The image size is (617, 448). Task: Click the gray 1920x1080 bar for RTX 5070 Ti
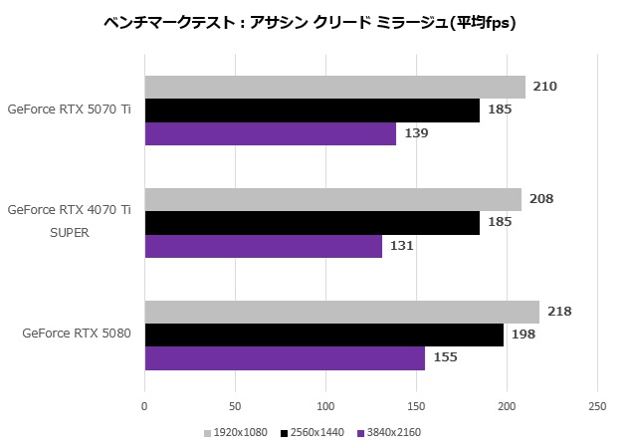[x=334, y=87]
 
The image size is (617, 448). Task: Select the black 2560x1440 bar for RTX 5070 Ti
[x=311, y=110]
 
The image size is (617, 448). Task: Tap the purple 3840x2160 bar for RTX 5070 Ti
[x=270, y=133]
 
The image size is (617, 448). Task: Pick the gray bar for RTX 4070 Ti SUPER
[x=332, y=199]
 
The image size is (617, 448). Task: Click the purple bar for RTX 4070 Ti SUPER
[x=263, y=246]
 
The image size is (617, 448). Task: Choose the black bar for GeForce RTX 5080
[x=323, y=335]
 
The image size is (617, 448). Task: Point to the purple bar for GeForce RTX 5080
[x=285, y=358]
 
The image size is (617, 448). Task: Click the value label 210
[x=544, y=87]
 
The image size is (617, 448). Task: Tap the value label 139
[x=416, y=133]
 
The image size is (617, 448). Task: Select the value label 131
[x=401, y=246]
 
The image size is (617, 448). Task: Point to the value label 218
[x=559, y=312]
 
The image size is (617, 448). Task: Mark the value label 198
[x=522, y=335]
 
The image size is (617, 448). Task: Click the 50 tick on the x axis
[x=235, y=406]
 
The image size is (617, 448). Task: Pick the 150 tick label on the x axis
[x=416, y=406]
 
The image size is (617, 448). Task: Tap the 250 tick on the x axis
[x=596, y=406]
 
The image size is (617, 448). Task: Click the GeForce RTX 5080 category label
[x=77, y=334]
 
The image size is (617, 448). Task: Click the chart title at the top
[x=308, y=21]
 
